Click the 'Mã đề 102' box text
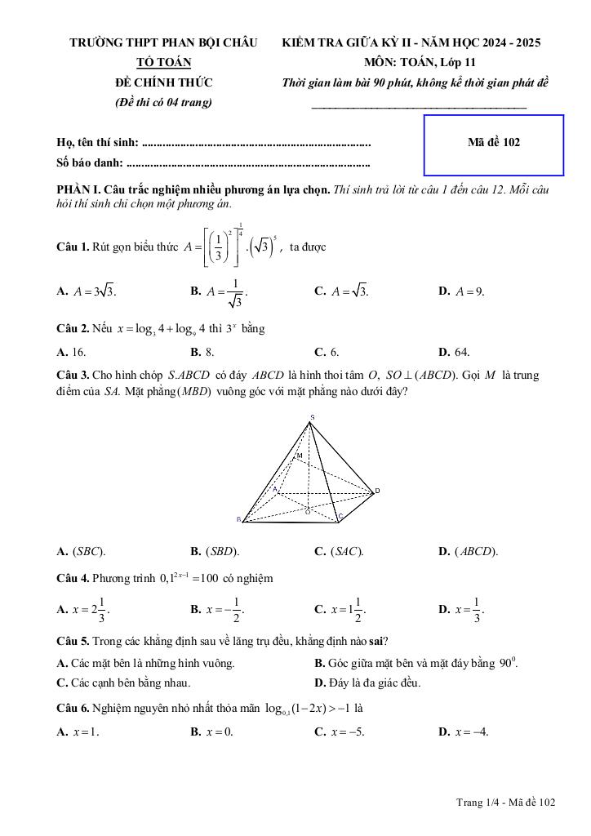click(494, 142)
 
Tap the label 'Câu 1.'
click(73, 247)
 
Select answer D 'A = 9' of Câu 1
click(462, 291)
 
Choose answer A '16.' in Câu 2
click(72, 353)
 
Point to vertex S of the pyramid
click(311, 418)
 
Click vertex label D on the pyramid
click(377, 491)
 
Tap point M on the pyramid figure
click(299, 455)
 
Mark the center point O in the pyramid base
click(308, 511)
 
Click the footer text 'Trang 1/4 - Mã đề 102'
click(506, 803)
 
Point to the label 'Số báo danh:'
click(89, 163)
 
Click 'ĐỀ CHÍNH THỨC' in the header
click(163, 82)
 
